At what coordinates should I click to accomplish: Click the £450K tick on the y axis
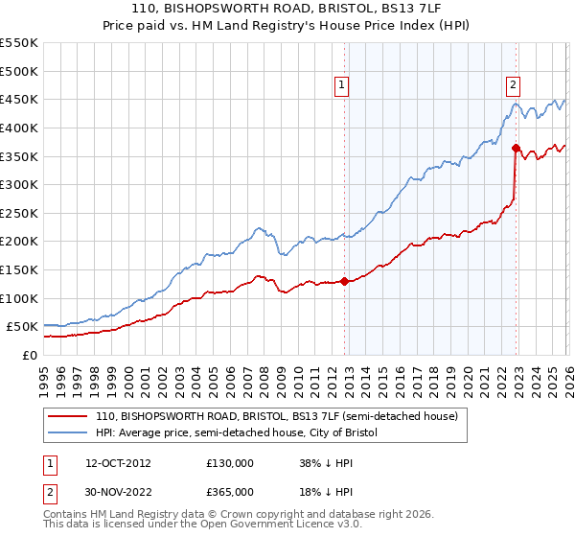point(19,99)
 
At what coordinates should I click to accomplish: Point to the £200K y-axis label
point(19,242)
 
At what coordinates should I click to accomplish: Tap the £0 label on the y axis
point(30,355)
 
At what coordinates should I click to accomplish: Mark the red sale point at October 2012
point(344,281)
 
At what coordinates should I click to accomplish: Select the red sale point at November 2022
point(516,148)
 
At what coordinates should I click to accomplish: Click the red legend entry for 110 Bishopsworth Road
point(278,416)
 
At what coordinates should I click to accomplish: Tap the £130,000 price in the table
point(230,462)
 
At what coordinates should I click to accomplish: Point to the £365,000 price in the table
point(230,492)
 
